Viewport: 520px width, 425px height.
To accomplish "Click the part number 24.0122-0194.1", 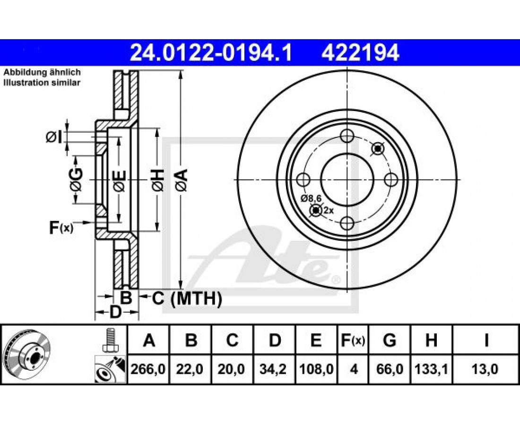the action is point(211,53).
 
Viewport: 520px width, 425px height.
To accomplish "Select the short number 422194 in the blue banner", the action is point(360,53).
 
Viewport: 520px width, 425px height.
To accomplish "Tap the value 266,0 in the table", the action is point(148,369).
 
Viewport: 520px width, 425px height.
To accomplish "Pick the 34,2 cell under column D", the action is point(274,369).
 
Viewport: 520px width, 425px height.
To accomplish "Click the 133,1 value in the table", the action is point(431,369).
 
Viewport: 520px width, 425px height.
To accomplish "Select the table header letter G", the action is point(390,340).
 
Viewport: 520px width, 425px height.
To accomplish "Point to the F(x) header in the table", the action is point(353,340).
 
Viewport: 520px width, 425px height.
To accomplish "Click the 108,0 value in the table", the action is point(316,369).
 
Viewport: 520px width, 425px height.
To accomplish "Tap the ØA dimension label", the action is point(182,180).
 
